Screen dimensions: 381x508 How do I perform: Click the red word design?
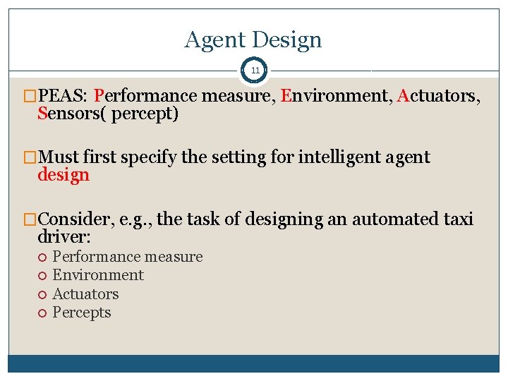click(64, 175)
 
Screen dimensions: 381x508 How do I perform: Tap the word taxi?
click(458, 219)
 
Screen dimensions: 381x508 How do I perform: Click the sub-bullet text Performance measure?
click(128, 257)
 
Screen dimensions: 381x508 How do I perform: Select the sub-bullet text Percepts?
click(82, 313)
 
